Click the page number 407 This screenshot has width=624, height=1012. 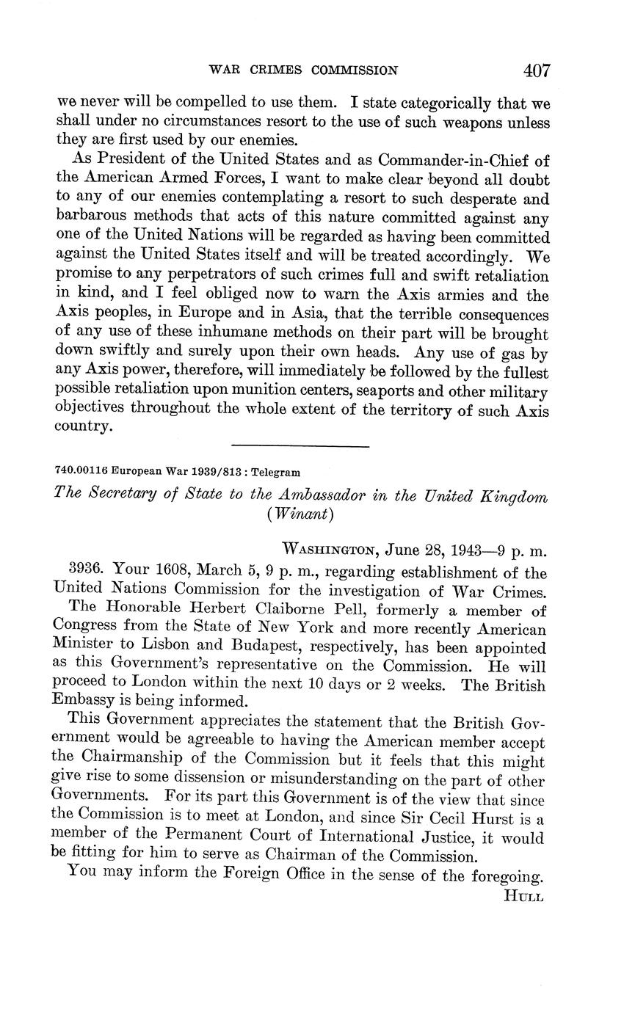click(x=537, y=70)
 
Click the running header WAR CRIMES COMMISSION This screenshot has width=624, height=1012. click(x=303, y=70)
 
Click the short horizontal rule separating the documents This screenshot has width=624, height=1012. click(x=300, y=445)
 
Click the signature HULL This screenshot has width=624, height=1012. click(x=523, y=897)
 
